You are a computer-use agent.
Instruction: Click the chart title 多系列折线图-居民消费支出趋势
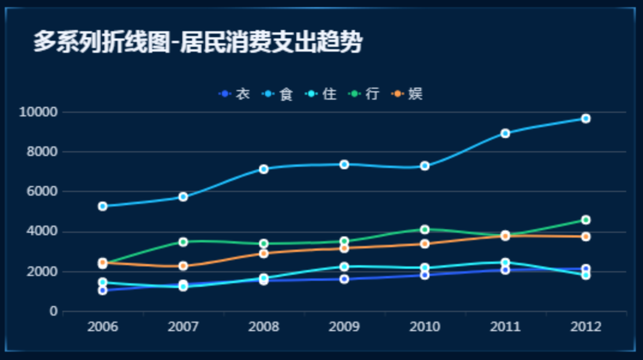197,43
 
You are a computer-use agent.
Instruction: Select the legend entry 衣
235,94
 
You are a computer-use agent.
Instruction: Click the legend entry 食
278,94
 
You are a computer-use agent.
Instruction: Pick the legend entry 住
321,94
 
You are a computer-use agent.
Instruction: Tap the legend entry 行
365,94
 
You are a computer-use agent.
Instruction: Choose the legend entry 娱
408,94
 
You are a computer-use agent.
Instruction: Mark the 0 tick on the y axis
53,312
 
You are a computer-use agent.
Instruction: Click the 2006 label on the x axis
103,327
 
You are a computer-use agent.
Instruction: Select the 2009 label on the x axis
344,327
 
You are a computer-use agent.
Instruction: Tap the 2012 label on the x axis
585,327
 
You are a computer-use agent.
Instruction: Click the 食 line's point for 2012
585,119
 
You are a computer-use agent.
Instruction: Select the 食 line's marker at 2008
263,169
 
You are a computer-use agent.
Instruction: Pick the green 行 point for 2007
183,242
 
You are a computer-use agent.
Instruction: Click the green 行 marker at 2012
585,220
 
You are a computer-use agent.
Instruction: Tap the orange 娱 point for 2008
263,253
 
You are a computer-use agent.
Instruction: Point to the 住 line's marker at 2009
344,267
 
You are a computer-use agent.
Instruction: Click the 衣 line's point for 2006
103,290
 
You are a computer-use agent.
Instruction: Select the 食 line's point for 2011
505,133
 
